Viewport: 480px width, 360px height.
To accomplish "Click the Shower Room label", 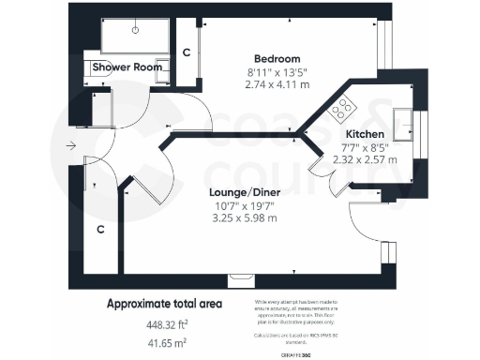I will tap(122, 67).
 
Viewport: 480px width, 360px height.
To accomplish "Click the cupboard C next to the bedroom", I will tap(187, 52).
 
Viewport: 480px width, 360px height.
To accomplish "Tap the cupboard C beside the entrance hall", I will tap(98, 228).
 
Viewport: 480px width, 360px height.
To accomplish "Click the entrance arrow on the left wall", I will tap(71, 146).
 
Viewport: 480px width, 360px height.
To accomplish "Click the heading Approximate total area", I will tap(165, 304).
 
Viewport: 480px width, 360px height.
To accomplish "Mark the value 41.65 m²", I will tap(165, 344).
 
